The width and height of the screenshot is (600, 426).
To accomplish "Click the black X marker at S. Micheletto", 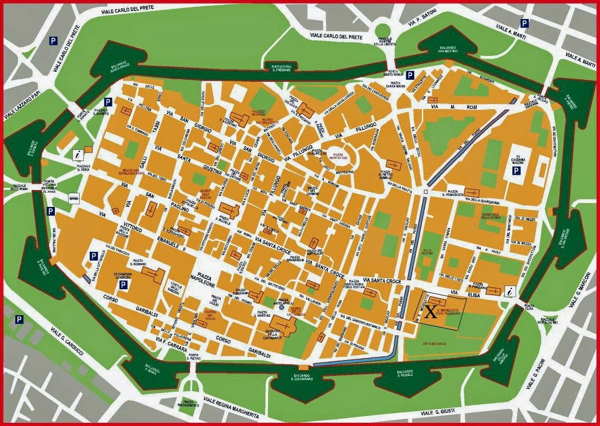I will point(431,313).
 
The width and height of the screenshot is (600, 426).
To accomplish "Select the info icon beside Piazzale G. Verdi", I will point(78,155).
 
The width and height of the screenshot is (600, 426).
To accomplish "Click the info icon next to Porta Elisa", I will point(509,291).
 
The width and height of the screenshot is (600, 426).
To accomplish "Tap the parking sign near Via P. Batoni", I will point(524,23).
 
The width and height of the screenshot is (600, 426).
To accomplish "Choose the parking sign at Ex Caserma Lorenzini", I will point(123,285).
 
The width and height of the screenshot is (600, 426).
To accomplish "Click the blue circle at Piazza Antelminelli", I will point(281,308).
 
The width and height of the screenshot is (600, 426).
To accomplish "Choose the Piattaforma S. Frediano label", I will point(278,67).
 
